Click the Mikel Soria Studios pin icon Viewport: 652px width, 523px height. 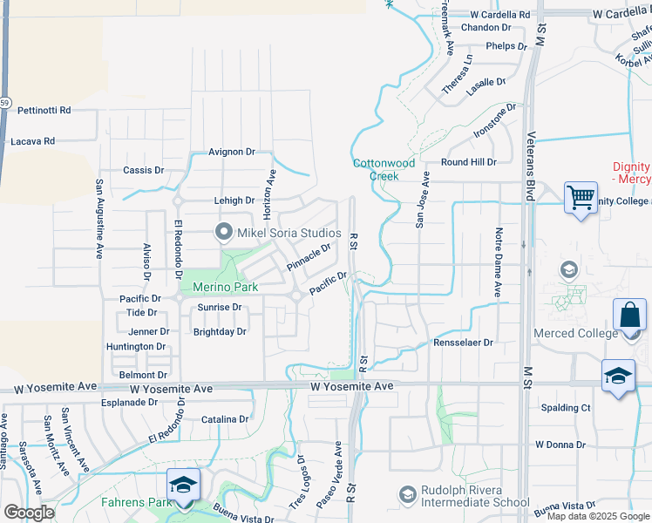(x=224, y=233)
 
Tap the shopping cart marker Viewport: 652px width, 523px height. (x=581, y=196)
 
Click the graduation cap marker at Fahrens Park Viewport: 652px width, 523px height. (x=183, y=484)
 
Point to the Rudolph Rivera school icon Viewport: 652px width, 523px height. (x=407, y=495)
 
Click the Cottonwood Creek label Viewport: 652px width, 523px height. (x=384, y=169)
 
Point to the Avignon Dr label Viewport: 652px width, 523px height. (x=232, y=152)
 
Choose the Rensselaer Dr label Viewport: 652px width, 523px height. (x=464, y=343)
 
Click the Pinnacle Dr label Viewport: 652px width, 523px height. (x=309, y=257)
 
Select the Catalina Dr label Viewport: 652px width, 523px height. (x=225, y=419)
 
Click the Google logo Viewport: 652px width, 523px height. (x=29, y=513)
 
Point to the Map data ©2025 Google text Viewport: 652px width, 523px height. (x=598, y=516)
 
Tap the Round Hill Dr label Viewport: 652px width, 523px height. (x=468, y=162)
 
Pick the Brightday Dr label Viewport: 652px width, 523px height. (x=220, y=331)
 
